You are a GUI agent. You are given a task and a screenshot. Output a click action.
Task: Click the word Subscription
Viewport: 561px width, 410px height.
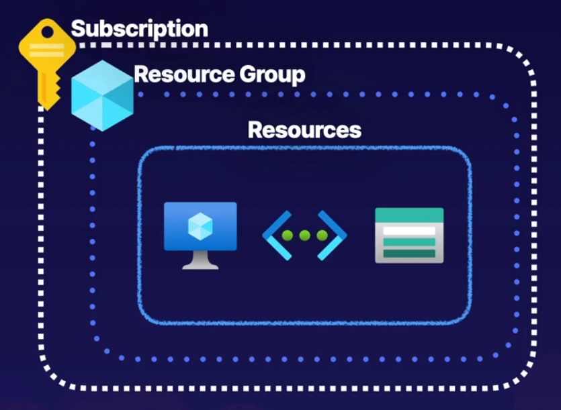click(x=139, y=29)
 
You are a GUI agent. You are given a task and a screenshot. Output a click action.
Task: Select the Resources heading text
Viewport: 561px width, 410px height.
click(x=304, y=130)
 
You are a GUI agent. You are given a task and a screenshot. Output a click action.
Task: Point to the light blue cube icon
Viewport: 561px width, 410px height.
click(x=102, y=95)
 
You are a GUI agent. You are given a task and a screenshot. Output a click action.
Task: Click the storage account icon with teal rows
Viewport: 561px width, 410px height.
click(x=408, y=235)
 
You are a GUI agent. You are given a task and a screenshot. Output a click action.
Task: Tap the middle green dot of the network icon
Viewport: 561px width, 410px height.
click(x=304, y=236)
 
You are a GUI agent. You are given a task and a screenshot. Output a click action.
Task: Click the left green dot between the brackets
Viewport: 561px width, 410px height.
click(x=288, y=236)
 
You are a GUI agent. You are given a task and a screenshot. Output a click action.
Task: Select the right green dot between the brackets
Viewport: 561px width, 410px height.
click(x=322, y=236)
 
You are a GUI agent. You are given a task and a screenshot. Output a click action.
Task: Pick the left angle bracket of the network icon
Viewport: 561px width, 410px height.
click(x=274, y=236)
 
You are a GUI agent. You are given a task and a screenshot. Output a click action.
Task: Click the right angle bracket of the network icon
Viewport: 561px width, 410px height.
click(x=335, y=236)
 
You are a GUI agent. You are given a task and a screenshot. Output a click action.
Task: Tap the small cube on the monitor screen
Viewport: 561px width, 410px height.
click(x=200, y=225)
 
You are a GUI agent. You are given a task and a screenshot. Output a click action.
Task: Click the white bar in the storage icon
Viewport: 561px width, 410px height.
click(x=408, y=231)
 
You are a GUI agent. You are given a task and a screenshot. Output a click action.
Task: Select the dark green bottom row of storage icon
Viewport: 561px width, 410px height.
click(x=408, y=253)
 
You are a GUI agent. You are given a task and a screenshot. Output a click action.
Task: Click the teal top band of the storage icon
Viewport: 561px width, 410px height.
click(x=408, y=215)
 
